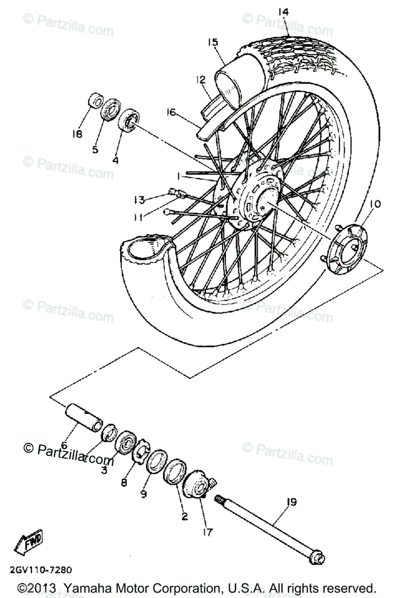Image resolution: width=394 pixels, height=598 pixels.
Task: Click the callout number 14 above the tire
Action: tap(283, 11)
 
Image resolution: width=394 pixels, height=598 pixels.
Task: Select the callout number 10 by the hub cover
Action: tap(375, 204)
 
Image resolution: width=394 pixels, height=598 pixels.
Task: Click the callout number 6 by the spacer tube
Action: tap(63, 445)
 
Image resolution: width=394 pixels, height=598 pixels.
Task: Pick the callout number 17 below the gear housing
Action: tap(207, 532)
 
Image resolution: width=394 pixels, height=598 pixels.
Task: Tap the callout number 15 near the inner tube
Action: tap(213, 42)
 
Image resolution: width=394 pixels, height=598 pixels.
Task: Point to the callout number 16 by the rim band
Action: tap(171, 113)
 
